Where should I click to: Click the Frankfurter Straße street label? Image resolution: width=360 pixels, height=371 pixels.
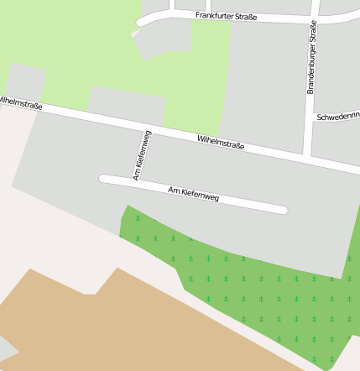(226, 16)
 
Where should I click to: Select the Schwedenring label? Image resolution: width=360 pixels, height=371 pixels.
(337, 118)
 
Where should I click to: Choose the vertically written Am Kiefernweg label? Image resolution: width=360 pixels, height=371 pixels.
(142, 155)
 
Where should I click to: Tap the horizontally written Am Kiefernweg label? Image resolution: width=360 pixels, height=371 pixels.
(193, 194)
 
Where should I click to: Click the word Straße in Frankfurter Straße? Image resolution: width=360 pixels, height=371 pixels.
(243, 17)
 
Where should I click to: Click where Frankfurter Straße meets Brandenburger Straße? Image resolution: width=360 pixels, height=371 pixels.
(313, 18)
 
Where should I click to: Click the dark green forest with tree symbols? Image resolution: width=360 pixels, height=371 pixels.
(269, 294)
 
